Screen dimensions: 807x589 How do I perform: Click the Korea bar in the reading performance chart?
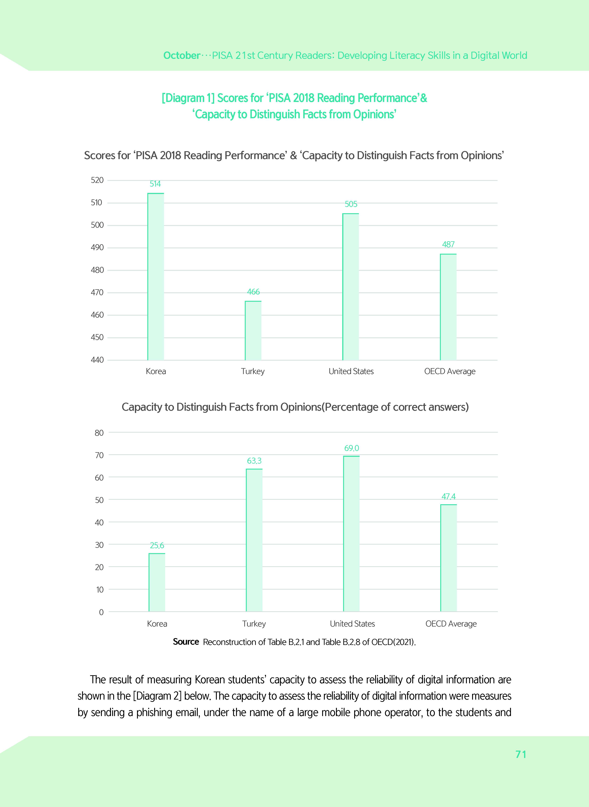156,277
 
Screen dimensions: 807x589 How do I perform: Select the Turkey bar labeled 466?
253,330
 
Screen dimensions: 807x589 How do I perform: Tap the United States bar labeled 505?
351,287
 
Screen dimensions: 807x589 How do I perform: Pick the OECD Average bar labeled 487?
448,307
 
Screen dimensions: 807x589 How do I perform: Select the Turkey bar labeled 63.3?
254,540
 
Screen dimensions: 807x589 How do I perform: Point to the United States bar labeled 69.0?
352,534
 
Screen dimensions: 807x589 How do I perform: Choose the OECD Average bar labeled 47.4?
448,558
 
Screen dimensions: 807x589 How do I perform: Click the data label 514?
155,184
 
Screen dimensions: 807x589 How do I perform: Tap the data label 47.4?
448,497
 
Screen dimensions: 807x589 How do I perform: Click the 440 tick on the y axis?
97,360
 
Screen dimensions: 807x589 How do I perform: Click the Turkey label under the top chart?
253,371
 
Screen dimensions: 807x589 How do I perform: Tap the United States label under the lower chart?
352,624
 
